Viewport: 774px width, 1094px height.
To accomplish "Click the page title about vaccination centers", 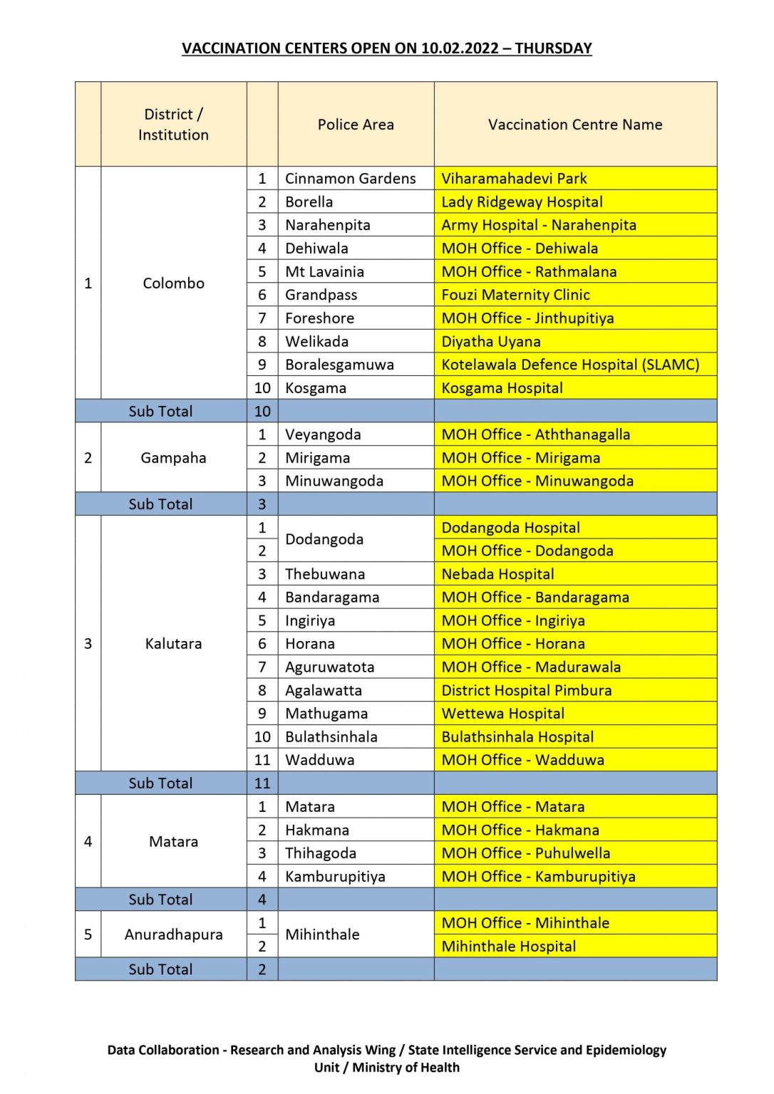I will tap(386, 48).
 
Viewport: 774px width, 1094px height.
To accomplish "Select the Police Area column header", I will tap(356, 125).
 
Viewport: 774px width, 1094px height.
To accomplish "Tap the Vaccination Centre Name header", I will tap(575, 125).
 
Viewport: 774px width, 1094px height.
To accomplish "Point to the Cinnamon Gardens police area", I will tap(350, 179).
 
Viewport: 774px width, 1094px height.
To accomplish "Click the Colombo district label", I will tap(173, 283).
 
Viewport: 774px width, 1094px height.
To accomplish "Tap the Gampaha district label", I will tap(173, 458).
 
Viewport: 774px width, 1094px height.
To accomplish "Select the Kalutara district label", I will tap(173, 644).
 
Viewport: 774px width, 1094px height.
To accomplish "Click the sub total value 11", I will tap(262, 783).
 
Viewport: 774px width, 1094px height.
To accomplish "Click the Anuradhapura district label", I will tap(173, 934).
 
